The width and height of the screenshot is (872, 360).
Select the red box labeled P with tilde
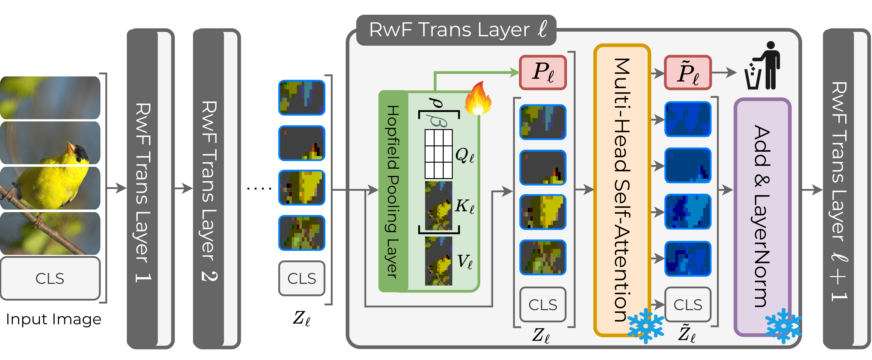(x=688, y=72)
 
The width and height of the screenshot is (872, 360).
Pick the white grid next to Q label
(x=438, y=154)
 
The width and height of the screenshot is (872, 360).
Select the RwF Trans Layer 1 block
(x=150, y=189)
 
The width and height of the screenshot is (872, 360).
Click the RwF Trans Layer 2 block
(x=217, y=189)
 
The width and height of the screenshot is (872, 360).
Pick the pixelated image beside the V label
(x=438, y=261)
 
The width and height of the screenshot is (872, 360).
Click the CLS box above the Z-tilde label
(x=688, y=304)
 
